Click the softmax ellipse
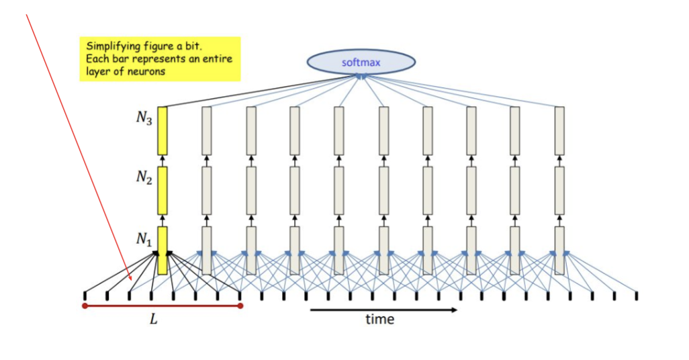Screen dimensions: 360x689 point(361,62)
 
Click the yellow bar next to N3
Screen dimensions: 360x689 point(163,130)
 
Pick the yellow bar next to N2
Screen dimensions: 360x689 point(163,189)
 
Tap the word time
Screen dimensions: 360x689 point(379,319)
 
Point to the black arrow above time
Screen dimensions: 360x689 point(383,310)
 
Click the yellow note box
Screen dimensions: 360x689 point(160,58)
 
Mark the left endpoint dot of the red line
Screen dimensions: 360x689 point(85,306)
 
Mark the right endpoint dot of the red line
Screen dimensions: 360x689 point(240,306)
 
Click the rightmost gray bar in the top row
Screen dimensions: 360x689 point(559,130)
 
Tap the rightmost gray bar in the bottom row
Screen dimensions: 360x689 point(559,250)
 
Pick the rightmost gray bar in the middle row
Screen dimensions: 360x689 point(559,189)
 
